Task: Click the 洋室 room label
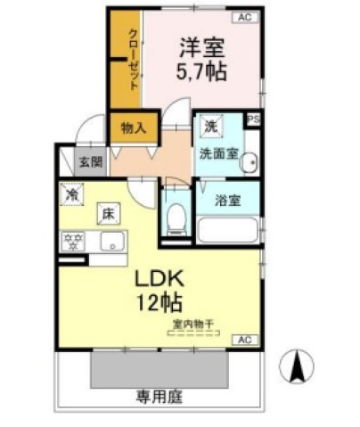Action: coord(205,45)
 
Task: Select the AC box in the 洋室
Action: coord(243,17)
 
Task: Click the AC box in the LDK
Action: coord(243,341)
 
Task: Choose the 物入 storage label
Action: coord(134,128)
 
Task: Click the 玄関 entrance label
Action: coord(88,162)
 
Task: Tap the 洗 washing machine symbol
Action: coord(210,126)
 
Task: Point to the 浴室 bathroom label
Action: coord(226,200)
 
